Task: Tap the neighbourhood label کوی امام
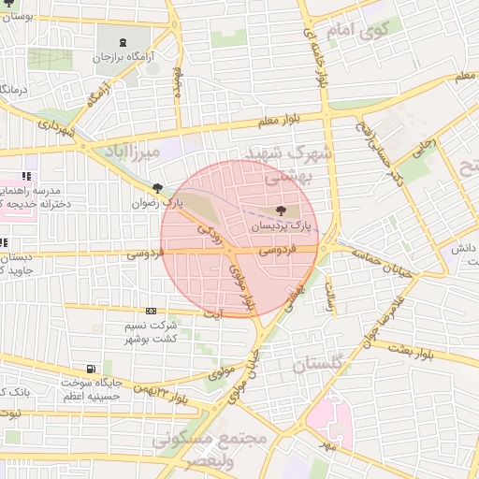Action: [359, 31]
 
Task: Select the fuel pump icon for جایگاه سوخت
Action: [90, 369]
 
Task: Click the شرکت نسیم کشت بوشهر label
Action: [150, 331]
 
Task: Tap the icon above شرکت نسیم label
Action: [151, 312]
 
